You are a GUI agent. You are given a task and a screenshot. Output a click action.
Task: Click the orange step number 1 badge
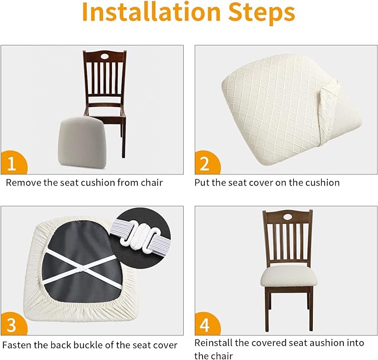pos(13,163)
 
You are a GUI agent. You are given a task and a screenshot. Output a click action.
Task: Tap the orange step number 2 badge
pos(207,163)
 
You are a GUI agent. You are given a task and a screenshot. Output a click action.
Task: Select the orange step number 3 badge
pos(13,324)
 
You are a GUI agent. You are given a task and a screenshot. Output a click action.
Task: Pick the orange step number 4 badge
pos(207,324)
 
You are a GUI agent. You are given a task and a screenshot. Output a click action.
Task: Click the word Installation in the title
pos(151,11)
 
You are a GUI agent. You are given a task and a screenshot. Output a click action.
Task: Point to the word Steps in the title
pos(262,13)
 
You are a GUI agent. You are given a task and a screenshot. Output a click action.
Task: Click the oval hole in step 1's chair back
pos(105,56)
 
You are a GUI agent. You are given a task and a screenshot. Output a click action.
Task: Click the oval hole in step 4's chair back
pos(287,217)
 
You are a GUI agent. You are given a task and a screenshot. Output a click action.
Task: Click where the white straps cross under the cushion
pos(82,268)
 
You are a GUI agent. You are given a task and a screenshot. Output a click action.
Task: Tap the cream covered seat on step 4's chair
pos(288,278)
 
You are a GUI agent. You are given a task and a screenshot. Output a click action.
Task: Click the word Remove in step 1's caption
pos(23,183)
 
